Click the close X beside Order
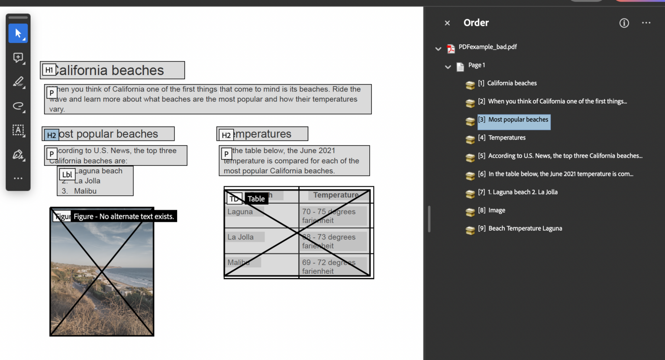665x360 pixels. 447,23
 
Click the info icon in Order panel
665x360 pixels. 624,23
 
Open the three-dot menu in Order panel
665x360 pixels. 646,23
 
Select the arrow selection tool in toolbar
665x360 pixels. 18,33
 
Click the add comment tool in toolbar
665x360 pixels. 18,58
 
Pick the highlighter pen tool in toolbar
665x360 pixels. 18,81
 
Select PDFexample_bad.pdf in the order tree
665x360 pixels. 487,47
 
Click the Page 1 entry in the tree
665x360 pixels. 476,65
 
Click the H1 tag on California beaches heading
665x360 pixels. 49,70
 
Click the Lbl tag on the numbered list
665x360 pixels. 67,175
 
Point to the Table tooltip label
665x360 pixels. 256,199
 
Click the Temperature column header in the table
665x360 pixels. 336,195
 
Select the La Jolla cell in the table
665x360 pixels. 241,237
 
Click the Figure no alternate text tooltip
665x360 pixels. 123,217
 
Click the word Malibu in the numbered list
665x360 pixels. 85,191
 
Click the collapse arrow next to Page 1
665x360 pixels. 448,67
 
